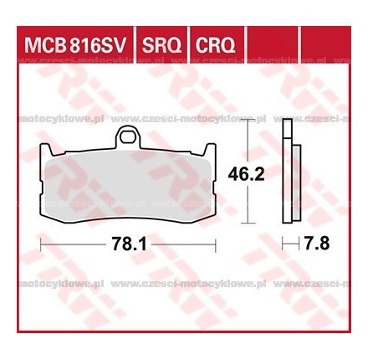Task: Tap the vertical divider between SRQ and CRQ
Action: pos(191,43)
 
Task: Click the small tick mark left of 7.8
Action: pos(286,244)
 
